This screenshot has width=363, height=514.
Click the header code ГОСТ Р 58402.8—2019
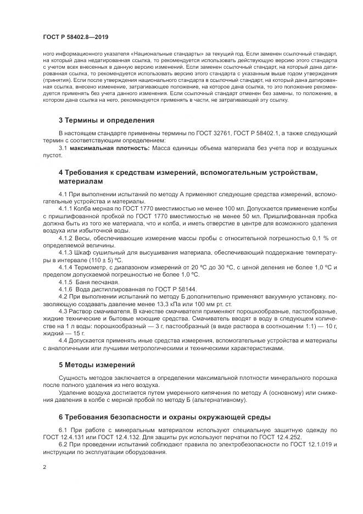click(x=75, y=37)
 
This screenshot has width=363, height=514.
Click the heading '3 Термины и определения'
click(x=106, y=120)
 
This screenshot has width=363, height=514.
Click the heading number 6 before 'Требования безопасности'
click(x=61, y=417)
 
